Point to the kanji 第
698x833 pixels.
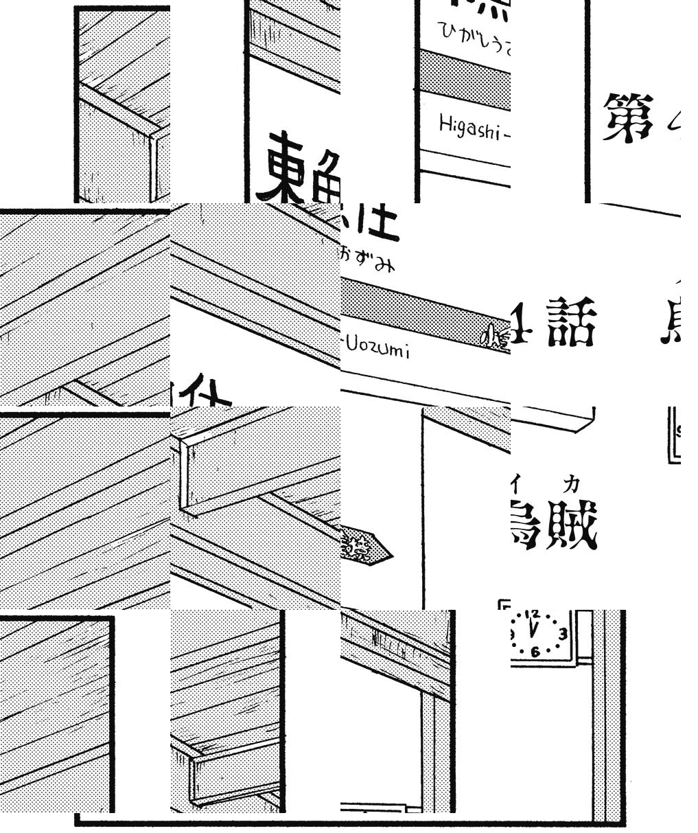point(627,117)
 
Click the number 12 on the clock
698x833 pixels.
point(535,615)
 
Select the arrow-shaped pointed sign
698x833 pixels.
point(366,546)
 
